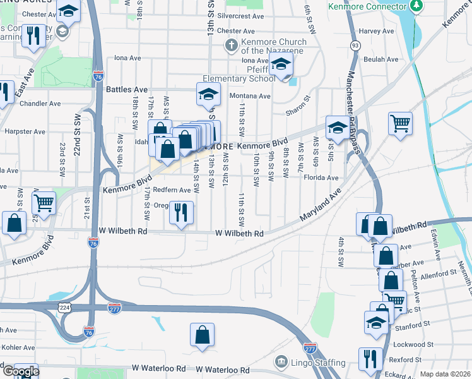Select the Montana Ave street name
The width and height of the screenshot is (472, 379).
tap(249, 96)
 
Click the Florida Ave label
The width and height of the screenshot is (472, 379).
tap(322, 178)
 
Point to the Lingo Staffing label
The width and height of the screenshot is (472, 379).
tap(317, 363)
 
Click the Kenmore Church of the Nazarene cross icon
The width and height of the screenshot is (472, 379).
tap(232, 45)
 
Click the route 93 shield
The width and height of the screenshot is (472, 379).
tap(356, 45)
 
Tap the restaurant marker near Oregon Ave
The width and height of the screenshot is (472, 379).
tap(181, 214)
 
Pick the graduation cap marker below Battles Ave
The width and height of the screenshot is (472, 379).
tap(207, 94)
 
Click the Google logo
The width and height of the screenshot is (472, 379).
tap(20, 371)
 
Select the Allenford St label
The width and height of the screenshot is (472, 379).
tap(438, 274)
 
